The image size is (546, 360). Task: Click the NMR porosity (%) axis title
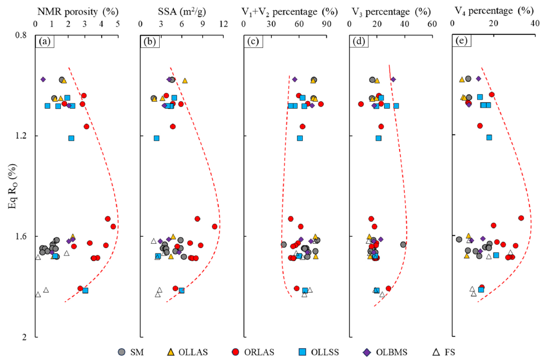(77, 11)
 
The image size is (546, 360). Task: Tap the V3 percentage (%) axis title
(391, 11)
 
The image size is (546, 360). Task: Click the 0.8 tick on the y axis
(23, 35)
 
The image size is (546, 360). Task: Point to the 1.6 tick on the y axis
(23, 236)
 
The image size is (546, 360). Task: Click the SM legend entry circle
(122, 352)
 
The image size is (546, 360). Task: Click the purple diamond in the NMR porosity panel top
(43, 80)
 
